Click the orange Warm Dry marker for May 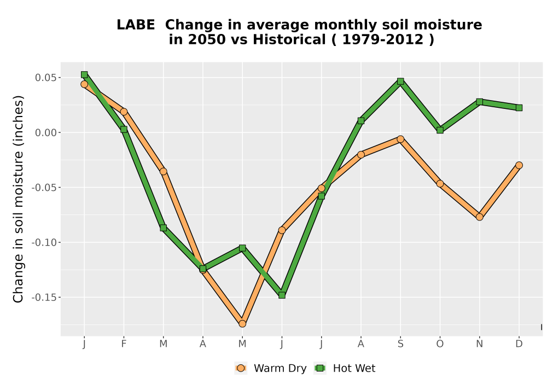242,324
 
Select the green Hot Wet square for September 400,82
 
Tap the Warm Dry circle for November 480,217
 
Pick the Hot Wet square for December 519,108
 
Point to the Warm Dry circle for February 124,112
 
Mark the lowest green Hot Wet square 282,295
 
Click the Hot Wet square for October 440,130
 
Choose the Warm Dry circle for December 519,165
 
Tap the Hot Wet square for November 480,102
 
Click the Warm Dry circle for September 400,139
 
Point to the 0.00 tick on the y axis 59,132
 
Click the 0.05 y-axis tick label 46,78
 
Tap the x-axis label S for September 400,344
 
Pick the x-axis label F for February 124,344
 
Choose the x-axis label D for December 519,344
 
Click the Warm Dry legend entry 271,368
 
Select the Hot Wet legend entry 345,368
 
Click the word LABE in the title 136,25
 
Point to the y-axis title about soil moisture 18,199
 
